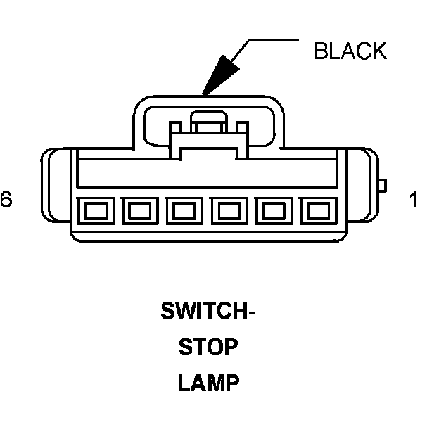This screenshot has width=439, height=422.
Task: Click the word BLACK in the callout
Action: [350, 51]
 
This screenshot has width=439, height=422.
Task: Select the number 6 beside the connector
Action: [6, 200]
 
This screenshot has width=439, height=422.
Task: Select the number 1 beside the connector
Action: [413, 200]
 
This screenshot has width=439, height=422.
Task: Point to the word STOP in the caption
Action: [208, 347]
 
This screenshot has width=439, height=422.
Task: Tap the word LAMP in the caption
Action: [208, 384]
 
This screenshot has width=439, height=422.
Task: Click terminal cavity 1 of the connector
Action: [319, 210]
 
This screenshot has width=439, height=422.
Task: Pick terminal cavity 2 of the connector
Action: [274, 210]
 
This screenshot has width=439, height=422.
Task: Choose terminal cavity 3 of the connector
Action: [230, 210]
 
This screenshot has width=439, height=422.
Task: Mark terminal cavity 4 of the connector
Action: [184, 210]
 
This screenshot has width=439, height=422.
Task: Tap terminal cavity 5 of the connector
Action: [139, 210]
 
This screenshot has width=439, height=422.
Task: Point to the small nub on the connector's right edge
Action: [382, 186]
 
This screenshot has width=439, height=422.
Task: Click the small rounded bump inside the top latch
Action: [208, 120]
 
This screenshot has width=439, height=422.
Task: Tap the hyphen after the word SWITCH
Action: [250, 311]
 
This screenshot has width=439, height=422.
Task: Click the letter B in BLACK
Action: [321, 51]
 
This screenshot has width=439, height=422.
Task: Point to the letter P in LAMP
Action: [231, 384]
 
